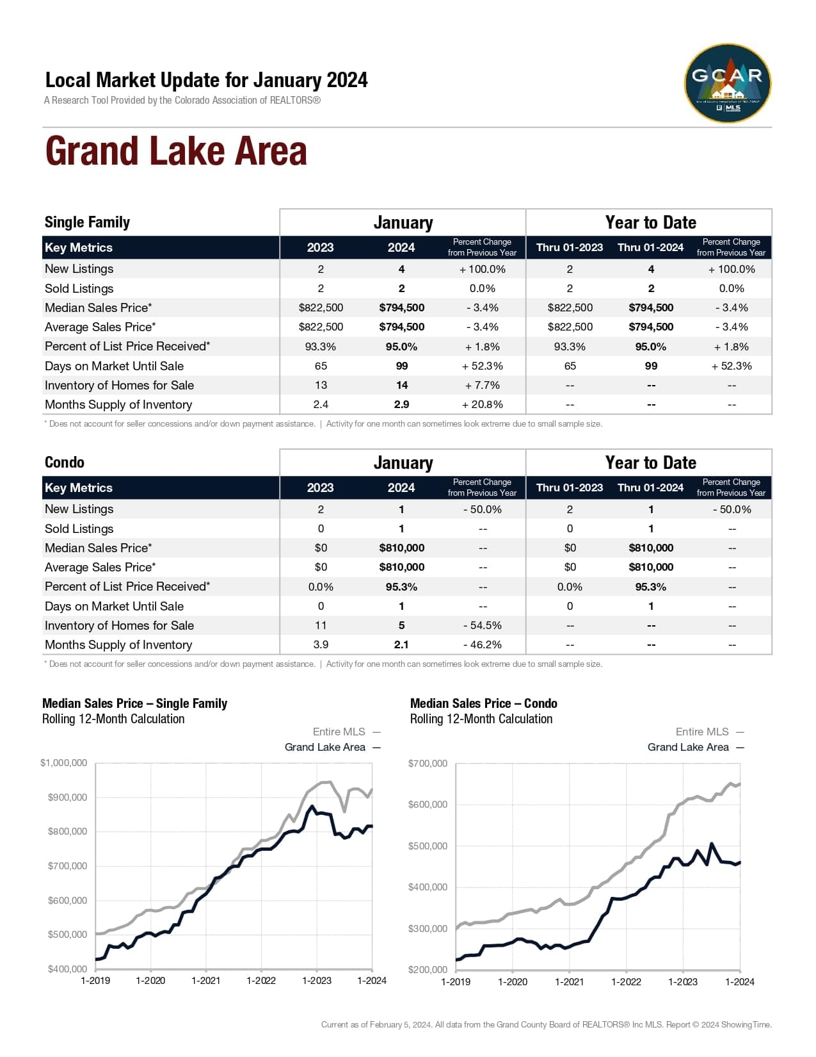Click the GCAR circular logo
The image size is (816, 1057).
tap(728, 83)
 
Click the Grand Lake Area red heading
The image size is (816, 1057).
tap(176, 151)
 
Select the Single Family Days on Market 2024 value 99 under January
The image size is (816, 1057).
tap(401, 366)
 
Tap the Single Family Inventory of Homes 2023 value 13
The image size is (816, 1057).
tap(321, 385)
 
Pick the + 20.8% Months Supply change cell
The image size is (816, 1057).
tap(482, 404)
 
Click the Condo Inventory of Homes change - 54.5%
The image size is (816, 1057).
tap(482, 625)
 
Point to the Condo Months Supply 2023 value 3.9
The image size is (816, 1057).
tap(321, 644)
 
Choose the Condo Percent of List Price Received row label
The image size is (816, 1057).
tap(127, 586)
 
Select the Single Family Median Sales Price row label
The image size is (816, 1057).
tap(99, 307)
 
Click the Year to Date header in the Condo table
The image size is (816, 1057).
tap(650, 463)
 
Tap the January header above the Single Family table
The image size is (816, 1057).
tap(403, 222)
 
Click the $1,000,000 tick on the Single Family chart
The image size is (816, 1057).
tap(64, 763)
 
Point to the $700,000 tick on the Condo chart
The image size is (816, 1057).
tap(428, 764)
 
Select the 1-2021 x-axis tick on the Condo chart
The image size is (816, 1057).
tap(569, 981)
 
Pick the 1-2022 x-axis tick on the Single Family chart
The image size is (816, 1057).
tap(261, 981)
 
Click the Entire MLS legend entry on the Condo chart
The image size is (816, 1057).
tap(702, 732)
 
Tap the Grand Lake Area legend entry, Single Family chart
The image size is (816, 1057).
tap(325, 747)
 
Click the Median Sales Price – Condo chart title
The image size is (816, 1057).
tap(483, 703)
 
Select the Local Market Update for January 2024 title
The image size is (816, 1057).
tap(206, 80)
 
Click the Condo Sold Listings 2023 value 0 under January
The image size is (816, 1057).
tap(321, 528)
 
